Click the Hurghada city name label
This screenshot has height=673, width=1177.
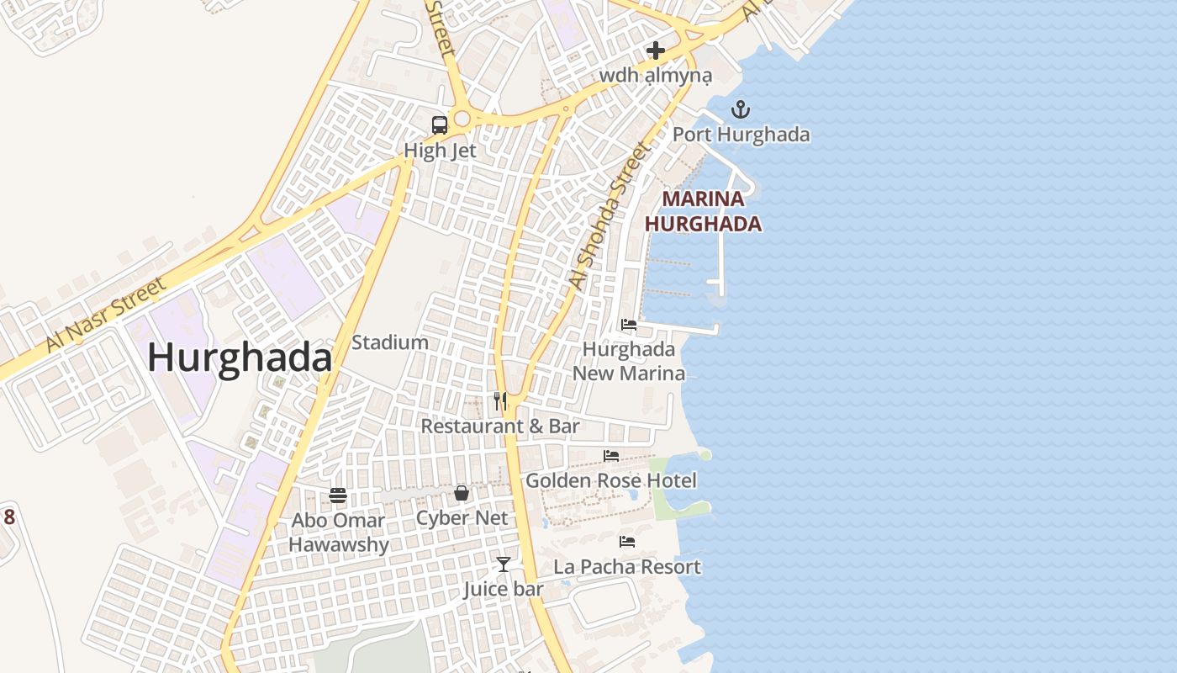(240, 358)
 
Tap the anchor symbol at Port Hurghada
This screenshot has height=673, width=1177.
(740, 109)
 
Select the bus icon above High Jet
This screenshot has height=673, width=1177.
(439, 125)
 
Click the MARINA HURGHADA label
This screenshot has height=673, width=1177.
(703, 212)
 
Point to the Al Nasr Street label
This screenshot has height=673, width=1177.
(106, 315)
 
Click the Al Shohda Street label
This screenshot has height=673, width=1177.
(610, 217)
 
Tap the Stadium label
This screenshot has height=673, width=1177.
(390, 342)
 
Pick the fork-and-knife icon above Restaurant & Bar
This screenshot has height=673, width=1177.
(500, 400)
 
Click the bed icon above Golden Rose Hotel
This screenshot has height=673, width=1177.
(611, 456)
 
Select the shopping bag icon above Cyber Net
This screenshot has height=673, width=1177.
(462, 493)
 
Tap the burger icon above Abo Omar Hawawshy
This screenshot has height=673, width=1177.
(338, 495)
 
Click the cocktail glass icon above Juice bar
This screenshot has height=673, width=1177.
(503, 564)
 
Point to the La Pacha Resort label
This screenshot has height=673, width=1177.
(627, 567)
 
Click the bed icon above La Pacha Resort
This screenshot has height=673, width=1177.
(627, 542)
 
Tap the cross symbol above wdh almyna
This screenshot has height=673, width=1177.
(656, 50)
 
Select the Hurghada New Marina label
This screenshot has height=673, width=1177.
(629, 361)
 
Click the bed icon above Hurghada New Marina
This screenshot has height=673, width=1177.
(628, 325)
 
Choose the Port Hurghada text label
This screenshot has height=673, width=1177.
(741, 135)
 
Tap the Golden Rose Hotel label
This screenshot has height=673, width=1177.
(611, 481)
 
